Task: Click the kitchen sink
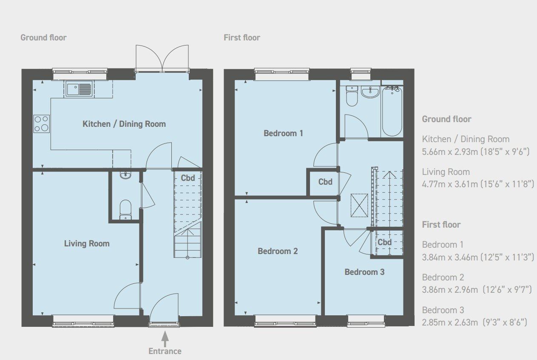tap(79, 89)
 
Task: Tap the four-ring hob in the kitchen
tap(41, 124)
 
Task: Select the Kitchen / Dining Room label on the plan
tap(124, 124)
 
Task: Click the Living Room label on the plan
tap(87, 243)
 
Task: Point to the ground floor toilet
tap(125, 209)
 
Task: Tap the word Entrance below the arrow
tap(165, 351)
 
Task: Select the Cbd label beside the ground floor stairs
tap(188, 178)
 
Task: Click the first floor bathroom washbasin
tap(370, 91)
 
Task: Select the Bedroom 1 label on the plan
tap(283, 133)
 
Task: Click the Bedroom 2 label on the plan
tap(278, 251)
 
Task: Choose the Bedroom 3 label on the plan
tap(364, 271)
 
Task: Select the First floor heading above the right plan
tap(242, 37)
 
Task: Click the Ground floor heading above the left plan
tap(43, 37)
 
